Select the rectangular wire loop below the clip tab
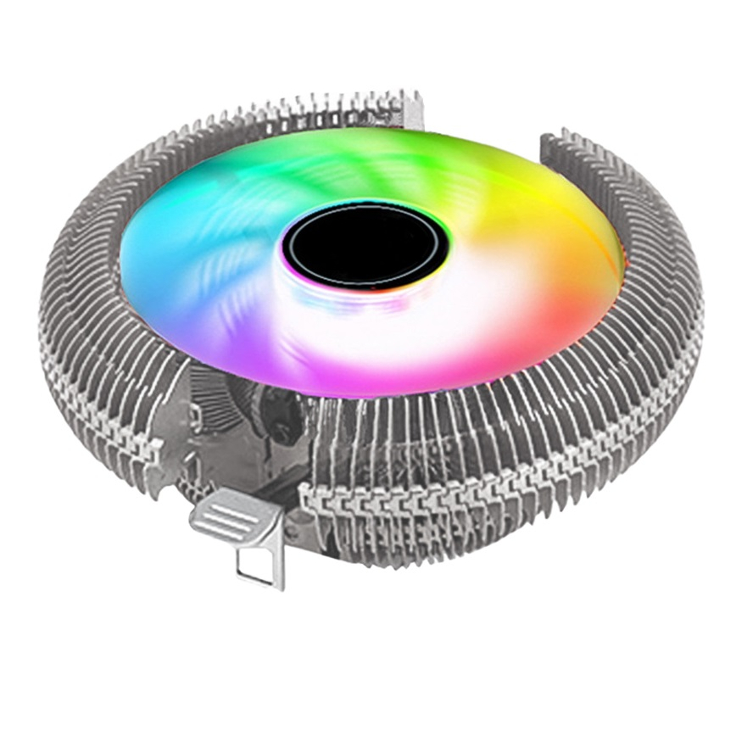point(259,564)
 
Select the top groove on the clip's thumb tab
point(222,507)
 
